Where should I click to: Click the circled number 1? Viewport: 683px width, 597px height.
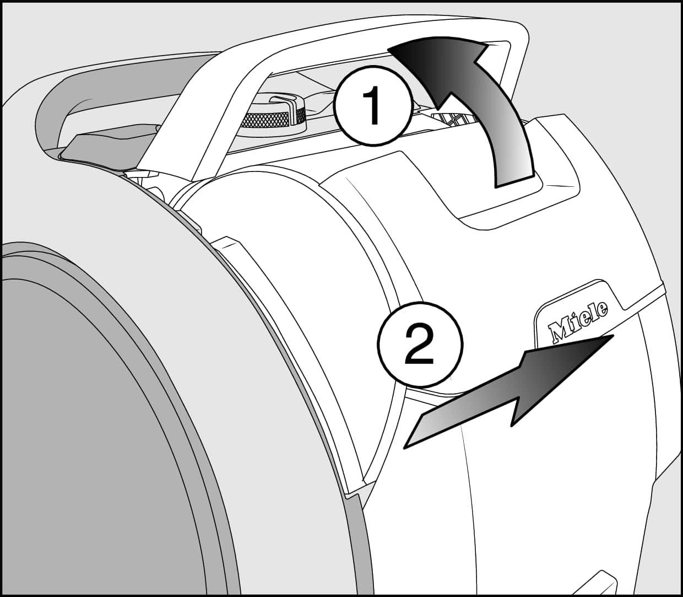[x=373, y=107]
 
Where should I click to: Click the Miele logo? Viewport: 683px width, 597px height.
[x=578, y=321]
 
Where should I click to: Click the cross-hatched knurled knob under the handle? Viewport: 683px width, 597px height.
[x=273, y=117]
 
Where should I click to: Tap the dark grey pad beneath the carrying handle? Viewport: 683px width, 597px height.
[x=105, y=149]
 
